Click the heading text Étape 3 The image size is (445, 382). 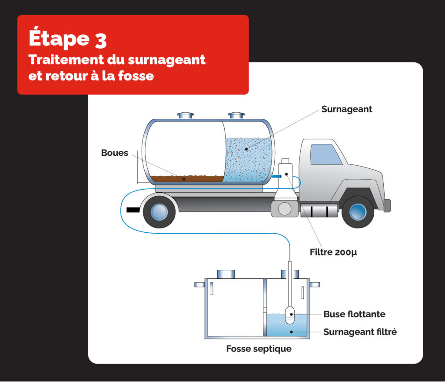[68, 39]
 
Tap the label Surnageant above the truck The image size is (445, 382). [346, 109]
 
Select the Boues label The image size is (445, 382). [115, 153]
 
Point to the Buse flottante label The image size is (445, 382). [354, 314]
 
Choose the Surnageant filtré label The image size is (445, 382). [360, 332]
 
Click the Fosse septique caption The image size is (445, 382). [259, 349]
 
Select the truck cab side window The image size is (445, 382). [325, 154]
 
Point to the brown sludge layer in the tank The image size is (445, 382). [187, 178]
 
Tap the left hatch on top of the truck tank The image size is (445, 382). [185, 116]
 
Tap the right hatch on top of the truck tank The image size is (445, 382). [236, 116]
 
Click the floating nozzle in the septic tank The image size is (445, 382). [290, 315]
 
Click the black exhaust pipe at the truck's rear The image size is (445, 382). [133, 210]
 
